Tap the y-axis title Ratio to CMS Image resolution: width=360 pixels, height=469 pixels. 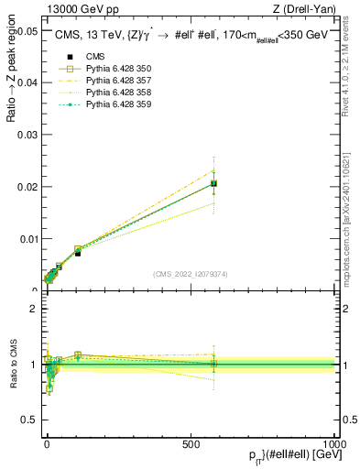pos(13,365)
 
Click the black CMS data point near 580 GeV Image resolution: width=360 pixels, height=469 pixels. pos(213,183)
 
